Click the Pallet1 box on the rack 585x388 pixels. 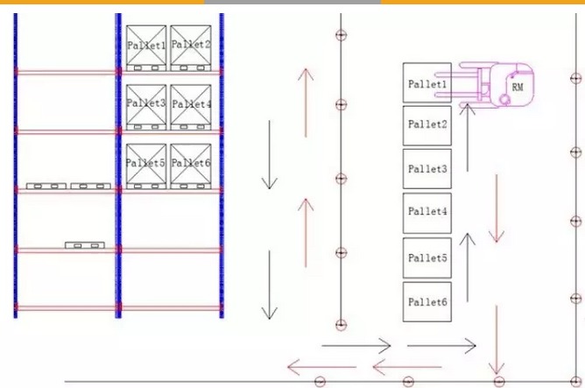[146, 46]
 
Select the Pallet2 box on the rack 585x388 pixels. [191, 46]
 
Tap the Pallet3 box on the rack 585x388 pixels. [146, 105]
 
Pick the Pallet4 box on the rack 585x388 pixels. [191, 105]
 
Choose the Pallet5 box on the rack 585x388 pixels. [146, 164]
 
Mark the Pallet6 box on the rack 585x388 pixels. [191, 164]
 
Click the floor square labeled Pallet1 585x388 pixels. [427, 83]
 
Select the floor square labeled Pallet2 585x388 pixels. [427, 125]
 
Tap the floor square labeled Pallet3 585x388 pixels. [427, 168]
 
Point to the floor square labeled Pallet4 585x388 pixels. [427, 212]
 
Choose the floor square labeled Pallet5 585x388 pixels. [427, 257]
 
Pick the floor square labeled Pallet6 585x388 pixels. [427, 302]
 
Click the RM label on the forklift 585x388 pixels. [518, 86]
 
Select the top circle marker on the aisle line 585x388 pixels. [341, 35]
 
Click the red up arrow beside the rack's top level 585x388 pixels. [305, 101]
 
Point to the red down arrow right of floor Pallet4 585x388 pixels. [497, 208]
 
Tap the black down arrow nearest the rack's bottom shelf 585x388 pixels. [270, 285]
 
